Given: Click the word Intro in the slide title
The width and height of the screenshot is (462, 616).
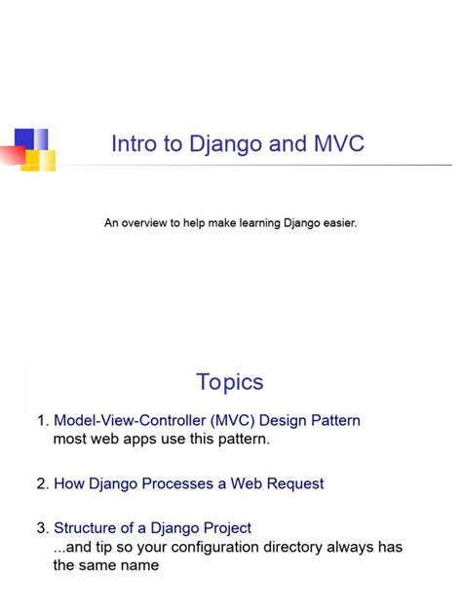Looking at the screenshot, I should tap(133, 144).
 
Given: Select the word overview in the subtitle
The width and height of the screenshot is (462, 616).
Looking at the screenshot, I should tap(144, 223).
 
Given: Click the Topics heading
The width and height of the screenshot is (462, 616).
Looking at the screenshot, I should tap(230, 382).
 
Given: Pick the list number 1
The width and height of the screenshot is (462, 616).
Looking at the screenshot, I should tap(41, 421).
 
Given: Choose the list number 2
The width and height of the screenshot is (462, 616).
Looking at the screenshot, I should tap(41, 483).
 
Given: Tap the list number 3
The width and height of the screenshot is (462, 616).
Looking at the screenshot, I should tap(41, 528).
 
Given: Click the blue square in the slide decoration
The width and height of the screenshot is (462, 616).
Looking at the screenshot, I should tap(25, 138).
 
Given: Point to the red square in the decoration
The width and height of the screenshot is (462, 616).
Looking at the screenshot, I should tap(12, 154).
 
